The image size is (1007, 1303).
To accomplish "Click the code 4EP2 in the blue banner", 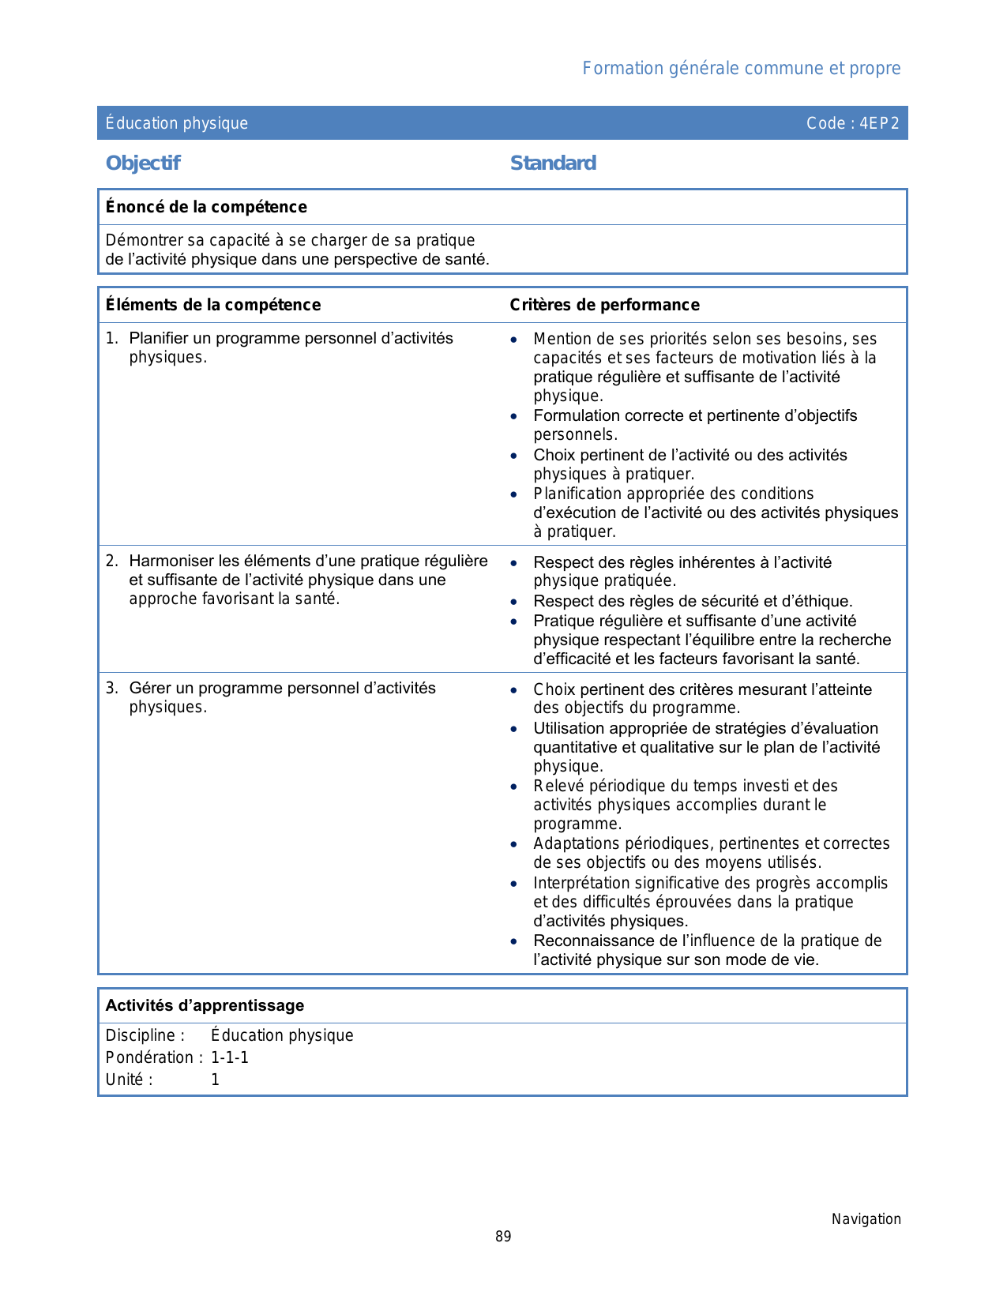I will [x=879, y=123].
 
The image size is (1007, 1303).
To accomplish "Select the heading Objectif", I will [x=143, y=163].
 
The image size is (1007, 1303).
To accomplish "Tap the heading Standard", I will [x=553, y=163].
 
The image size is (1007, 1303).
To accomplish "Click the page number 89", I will [x=503, y=1237].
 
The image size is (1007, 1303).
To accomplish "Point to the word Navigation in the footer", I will [x=866, y=1219].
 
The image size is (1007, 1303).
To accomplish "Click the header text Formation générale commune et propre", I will [x=741, y=69].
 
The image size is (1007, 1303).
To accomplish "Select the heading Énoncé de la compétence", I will [x=206, y=207].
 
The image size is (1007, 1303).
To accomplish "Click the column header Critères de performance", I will [x=604, y=305].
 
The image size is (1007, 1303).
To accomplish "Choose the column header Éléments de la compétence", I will [x=213, y=305].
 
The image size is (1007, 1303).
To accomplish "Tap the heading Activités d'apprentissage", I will [x=205, y=1005].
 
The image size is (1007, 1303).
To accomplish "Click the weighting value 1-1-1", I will [x=230, y=1057].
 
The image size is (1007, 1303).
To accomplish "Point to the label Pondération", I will [x=150, y=1057].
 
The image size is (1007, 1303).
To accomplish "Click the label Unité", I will [x=129, y=1080].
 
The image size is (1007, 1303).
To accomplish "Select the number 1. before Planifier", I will [x=111, y=339].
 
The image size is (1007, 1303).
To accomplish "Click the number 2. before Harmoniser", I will [x=111, y=561].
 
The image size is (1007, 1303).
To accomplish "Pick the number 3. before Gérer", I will [x=111, y=689].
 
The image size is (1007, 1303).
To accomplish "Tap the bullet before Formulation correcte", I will [x=514, y=416].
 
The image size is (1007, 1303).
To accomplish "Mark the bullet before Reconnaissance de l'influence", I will [x=514, y=941].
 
